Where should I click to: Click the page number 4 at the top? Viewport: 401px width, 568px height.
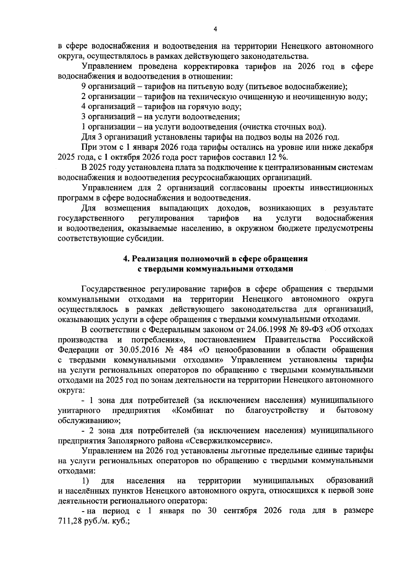215,29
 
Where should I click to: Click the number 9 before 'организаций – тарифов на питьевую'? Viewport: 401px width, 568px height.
84,87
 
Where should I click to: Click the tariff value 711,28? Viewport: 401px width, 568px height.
70,521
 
